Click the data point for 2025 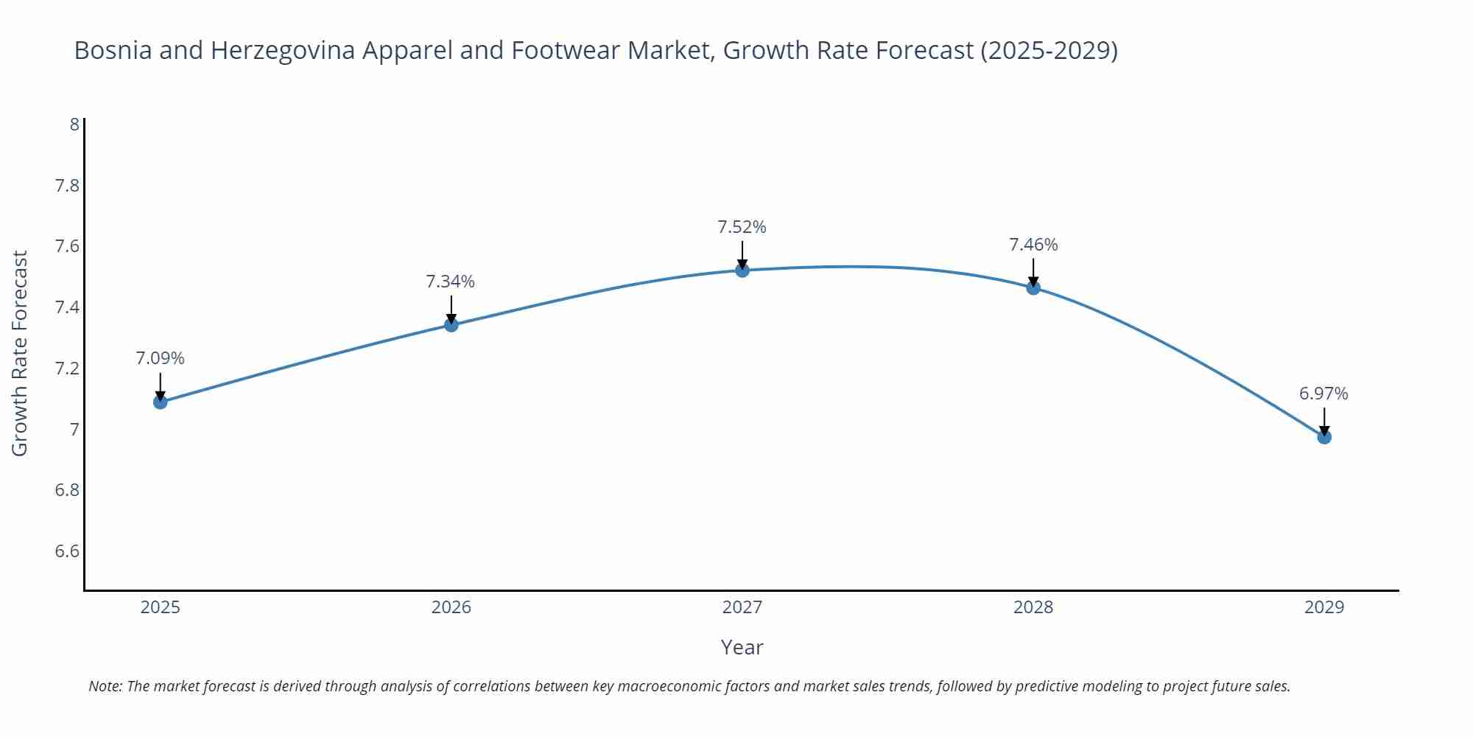tap(160, 402)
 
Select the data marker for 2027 tap(742, 270)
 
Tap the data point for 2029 tap(1324, 437)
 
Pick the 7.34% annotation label tap(450, 282)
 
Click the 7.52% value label tap(742, 227)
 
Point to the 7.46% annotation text tap(1033, 245)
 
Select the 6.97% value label tap(1323, 394)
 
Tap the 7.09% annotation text tap(160, 358)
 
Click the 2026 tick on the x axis tap(451, 607)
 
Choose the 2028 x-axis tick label tap(1033, 607)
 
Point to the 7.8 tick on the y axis tap(67, 185)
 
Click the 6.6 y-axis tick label tap(67, 551)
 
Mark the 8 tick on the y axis tap(74, 124)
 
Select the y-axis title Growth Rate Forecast tap(20, 353)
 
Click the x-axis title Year tap(742, 647)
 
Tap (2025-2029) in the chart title tap(1049, 50)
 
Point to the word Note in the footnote tap(105, 686)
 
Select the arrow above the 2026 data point tap(451, 309)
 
